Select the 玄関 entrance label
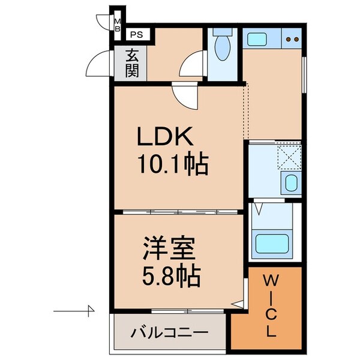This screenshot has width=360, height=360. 132,63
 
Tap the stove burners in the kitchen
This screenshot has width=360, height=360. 292,41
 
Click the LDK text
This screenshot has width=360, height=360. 165,139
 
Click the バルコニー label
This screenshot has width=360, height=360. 169,332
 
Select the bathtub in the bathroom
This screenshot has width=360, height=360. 272,244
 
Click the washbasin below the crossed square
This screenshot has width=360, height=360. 289,183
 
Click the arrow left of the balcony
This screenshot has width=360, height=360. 75,311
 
